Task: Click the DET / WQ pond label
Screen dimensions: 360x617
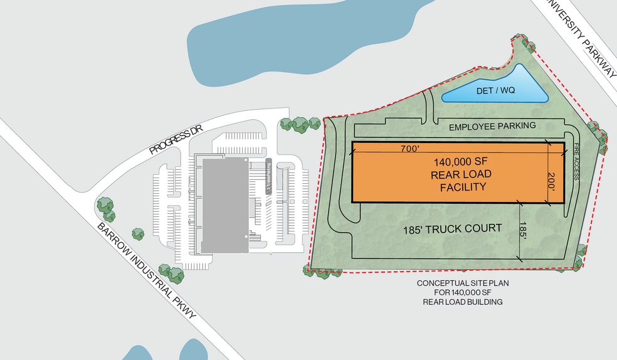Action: click(495, 90)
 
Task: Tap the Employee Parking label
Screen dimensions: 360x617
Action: click(492, 126)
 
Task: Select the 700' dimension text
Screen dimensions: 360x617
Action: click(413, 149)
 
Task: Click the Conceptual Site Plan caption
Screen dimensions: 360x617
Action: click(463, 292)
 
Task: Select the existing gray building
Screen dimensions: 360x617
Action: click(224, 204)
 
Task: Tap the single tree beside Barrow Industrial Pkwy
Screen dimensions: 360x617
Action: click(138, 233)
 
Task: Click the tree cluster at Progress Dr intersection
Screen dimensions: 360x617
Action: click(105, 208)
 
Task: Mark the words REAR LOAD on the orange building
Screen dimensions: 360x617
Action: click(461, 174)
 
